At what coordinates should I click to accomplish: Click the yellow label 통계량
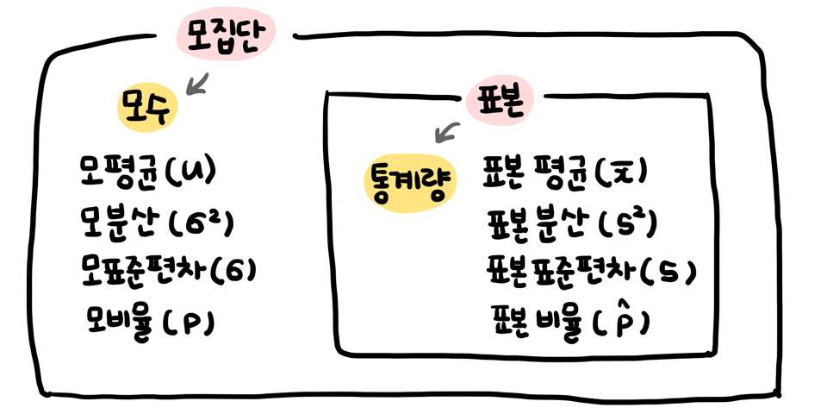point(407,183)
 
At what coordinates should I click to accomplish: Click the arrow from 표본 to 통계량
point(448,132)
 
